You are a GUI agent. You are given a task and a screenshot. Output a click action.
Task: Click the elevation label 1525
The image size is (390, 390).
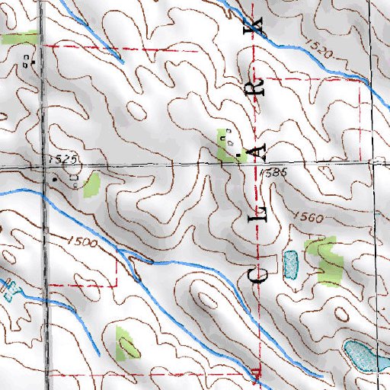coord(67,159)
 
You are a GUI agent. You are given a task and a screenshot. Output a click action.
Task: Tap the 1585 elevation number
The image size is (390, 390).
coord(273,174)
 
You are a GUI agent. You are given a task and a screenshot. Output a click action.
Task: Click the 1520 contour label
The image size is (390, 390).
coord(321,52)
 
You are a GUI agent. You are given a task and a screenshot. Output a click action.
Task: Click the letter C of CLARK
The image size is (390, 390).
coord(259,273)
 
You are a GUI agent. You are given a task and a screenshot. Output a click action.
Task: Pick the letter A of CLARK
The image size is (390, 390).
coord(260,152)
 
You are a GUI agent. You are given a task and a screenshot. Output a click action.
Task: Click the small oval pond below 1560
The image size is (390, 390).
coord(290,264)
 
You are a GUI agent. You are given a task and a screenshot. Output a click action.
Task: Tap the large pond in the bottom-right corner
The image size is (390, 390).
coord(363,356)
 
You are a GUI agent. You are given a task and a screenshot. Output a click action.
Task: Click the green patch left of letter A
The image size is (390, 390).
coord(225,146)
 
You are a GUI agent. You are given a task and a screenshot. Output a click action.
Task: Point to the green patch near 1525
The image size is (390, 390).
coord(92,185)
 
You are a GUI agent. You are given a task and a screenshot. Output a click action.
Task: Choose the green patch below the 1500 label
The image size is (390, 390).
coord(126,343)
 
